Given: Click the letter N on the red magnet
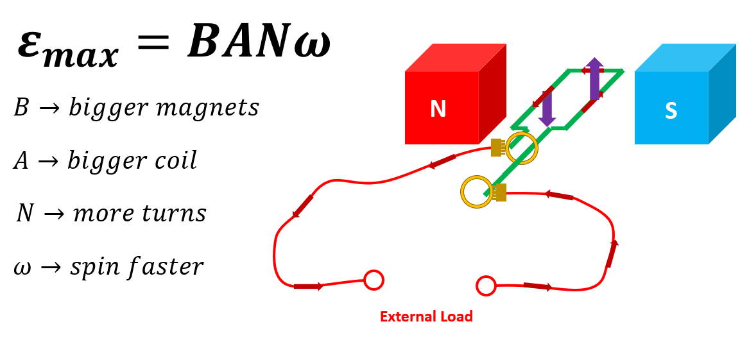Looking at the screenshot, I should click(438, 109).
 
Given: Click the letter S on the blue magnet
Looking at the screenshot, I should click(671, 111).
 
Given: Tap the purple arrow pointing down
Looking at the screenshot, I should click(547, 108).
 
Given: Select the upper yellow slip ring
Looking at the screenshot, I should click(522, 148).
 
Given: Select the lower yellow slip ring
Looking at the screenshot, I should click(477, 192).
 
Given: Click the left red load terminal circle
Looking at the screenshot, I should click(374, 280).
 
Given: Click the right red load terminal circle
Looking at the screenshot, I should click(486, 286).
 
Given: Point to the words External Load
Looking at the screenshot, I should click(426, 316).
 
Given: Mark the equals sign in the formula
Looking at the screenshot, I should click(153, 44).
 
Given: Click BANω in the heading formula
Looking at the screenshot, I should click(259, 44).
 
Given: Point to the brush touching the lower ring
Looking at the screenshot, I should click(500, 192).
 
